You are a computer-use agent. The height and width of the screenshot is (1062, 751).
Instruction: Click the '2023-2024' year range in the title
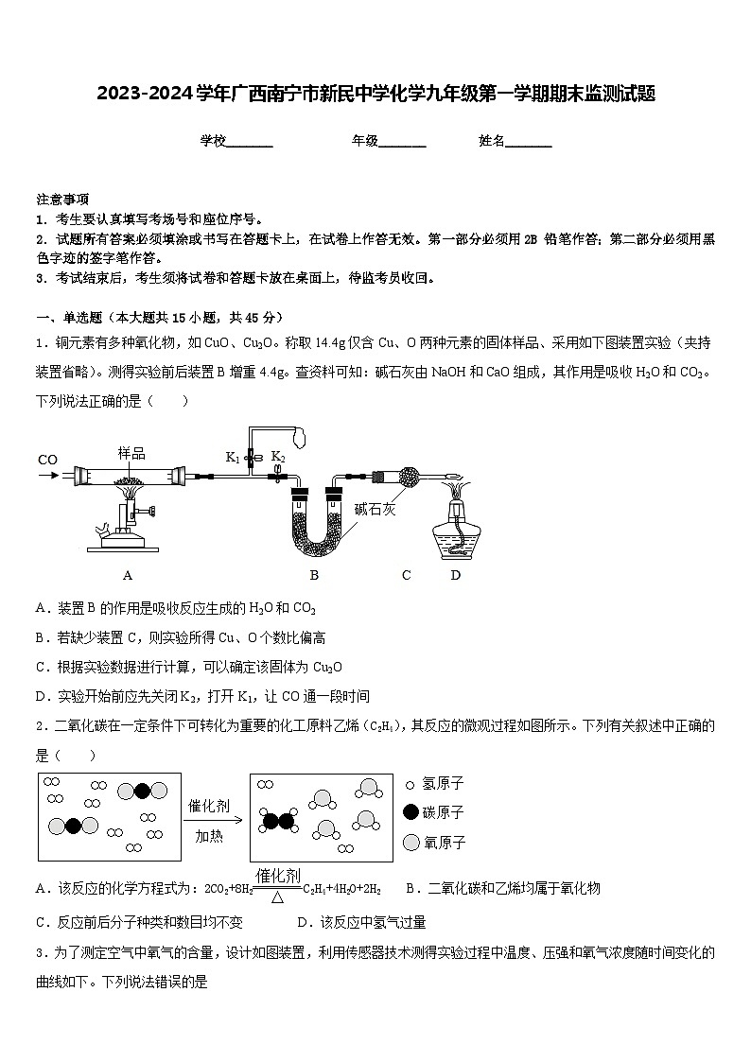pyautogui.click(x=144, y=94)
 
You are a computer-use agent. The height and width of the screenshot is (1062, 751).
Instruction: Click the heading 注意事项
pyautogui.click(x=62, y=200)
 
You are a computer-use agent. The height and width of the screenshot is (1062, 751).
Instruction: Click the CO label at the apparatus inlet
pyautogui.click(x=48, y=460)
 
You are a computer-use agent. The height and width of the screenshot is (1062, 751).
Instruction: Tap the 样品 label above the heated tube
pyautogui.click(x=131, y=453)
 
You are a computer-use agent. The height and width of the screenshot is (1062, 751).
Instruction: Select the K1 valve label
pyautogui.click(x=232, y=457)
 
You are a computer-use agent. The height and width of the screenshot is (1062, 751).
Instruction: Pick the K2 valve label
pyautogui.click(x=278, y=456)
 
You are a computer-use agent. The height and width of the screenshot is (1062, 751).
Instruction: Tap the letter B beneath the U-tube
pyautogui.click(x=314, y=575)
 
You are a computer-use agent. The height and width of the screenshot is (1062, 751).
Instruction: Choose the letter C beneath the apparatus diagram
pyautogui.click(x=407, y=575)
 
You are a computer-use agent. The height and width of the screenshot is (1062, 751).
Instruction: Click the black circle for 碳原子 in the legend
pyautogui.click(x=410, y=812)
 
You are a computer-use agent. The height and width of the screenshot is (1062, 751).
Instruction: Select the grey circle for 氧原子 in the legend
pyautogui.click(x=410, y=842)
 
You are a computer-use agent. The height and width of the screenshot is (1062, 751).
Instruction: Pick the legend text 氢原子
pyautogui.click(x=443, y=784)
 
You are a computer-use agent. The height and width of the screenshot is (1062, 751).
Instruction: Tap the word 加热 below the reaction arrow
pyautogui.click(x=209, y=836)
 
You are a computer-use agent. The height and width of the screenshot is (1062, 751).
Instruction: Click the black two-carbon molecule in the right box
pyautogui.click(x=277, y=821)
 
